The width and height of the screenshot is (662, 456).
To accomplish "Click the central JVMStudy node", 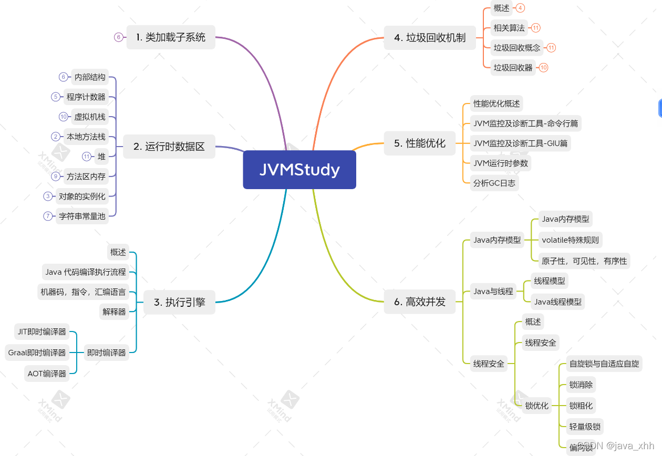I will (x=299, y=170).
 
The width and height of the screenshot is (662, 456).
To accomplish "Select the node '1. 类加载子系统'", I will (x=171, y=37).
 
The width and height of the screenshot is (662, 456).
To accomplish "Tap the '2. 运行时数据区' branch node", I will (x=169, y=147).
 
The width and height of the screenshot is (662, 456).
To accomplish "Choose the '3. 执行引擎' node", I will (x=179, y=302).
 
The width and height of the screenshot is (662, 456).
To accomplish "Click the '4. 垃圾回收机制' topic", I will (x=430, y=37).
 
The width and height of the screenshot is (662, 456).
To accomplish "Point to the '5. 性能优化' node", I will (x=419, y=143).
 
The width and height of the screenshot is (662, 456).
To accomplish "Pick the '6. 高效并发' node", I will (x=419, y=302).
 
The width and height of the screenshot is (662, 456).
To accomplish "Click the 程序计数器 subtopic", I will (x=86, y=97).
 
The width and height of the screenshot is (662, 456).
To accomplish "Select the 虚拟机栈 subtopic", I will (x=89, y=117).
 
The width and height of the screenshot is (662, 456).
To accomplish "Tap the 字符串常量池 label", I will (x=82, y=216).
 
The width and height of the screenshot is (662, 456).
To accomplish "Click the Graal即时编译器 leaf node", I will (x=37, y=353).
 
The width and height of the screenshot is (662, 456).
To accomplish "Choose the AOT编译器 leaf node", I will (x=47, y=374).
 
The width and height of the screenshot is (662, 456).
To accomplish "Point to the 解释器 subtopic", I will (x=114, y=312).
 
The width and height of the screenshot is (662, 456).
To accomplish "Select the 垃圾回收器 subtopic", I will (x=513, y=67).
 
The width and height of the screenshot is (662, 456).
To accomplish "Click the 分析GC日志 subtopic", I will (x=494, y=183).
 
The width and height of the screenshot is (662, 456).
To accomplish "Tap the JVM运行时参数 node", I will (x=501, y=163).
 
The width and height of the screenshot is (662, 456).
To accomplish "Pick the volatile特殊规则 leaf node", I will (x=570, y=240).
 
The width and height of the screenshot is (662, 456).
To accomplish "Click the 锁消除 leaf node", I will (x=581, y=385).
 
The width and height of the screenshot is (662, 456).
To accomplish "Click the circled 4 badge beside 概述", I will (x=520, y=8).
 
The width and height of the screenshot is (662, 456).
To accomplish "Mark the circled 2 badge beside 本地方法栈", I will (x=55, y=137).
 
